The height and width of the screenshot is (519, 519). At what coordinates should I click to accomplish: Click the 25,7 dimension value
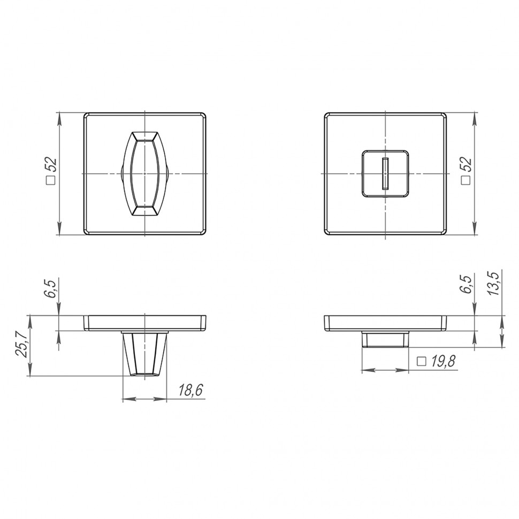[21, 345]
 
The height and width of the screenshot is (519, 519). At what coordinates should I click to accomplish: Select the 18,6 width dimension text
[190, 391]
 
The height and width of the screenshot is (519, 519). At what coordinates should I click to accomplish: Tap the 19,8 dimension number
[442, 362]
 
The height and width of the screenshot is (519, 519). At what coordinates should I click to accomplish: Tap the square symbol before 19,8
[421, 362]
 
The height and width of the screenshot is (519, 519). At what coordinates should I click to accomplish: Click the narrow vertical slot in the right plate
[385, 174]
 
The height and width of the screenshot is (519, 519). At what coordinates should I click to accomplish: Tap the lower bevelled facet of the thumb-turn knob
[145, 211]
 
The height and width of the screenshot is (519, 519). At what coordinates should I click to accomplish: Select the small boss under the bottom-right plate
[385, 339]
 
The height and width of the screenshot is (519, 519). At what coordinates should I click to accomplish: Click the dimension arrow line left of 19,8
[385, 370]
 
